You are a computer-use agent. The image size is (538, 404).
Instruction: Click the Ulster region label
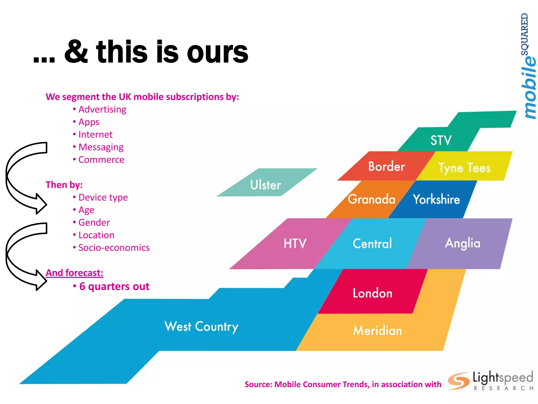point(265,185)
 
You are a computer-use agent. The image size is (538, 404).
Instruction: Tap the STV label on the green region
point(441,140)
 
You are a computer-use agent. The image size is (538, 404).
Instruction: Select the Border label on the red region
point(386,166)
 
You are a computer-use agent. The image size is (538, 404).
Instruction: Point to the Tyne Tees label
point(464,168)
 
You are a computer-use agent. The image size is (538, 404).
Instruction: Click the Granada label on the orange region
point(371,199)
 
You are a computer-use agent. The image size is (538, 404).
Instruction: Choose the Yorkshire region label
point(436,199)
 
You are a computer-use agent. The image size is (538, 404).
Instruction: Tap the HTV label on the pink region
point(295,243)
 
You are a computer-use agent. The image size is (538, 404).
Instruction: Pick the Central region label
point(372,243)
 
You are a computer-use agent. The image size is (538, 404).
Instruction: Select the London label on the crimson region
point(373,293)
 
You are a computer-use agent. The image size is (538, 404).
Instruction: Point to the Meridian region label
point(377,330)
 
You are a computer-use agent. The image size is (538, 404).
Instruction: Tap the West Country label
point(201,327)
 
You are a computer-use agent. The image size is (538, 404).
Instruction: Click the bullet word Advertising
point(102,109)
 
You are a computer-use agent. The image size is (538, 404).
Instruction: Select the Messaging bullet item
point(101,147)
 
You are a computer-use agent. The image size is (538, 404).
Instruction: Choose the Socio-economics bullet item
point(114,248)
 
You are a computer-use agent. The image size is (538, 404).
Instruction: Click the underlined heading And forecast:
point(74,273)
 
